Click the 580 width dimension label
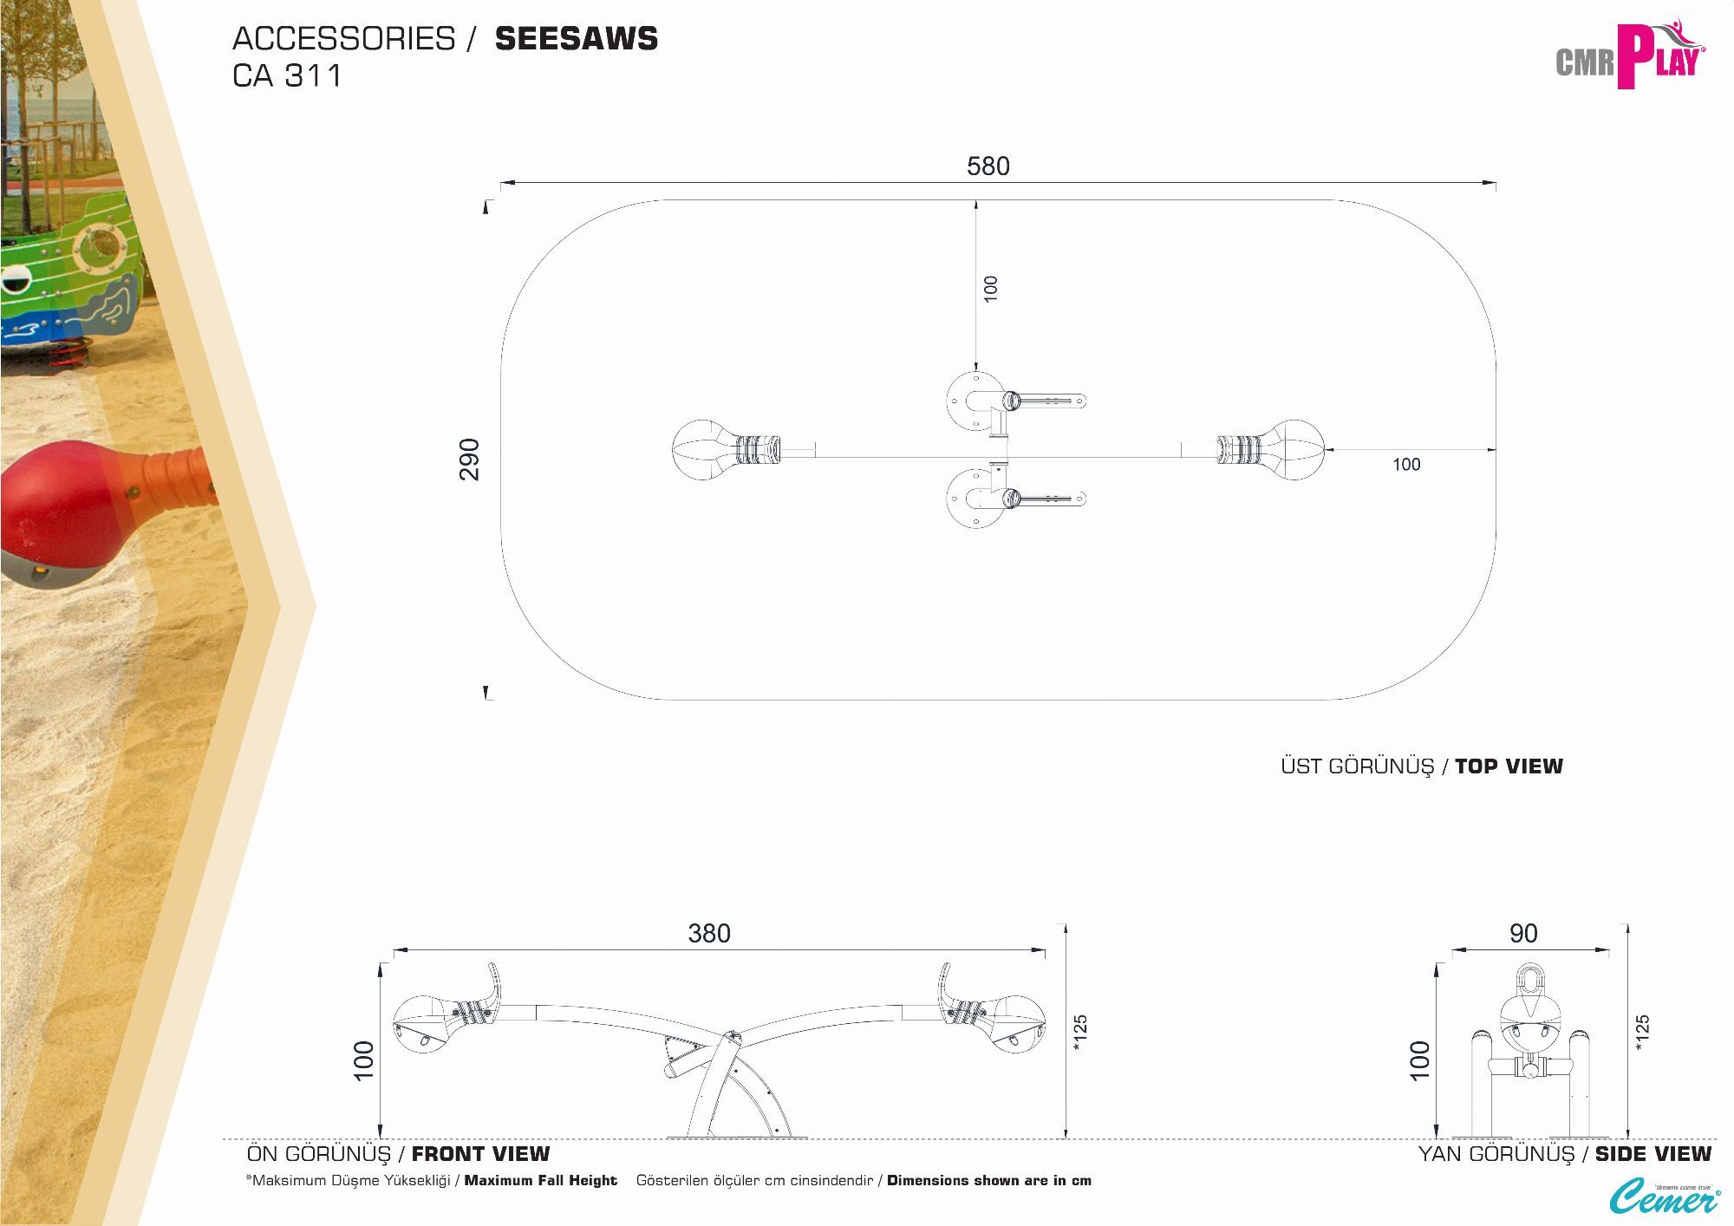pos(988,166)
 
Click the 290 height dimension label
pos(469,459)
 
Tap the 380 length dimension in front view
pos(708,933)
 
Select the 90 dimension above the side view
pos(1522,933)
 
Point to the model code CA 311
pos(287,76)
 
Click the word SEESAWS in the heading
pos(576,39)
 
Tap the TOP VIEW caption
pos(1509,766)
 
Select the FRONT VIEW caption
pos(480,1154)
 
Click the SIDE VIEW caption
pos(1653,1154)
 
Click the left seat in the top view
pos(704,449)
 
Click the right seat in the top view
pos(1292,449)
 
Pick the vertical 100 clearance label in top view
pos(991,288)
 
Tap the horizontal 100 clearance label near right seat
pos(1406,465)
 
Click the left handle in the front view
pos(494,983)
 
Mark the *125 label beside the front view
pos(1080,1033)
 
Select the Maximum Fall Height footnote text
pos(540,1181)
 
